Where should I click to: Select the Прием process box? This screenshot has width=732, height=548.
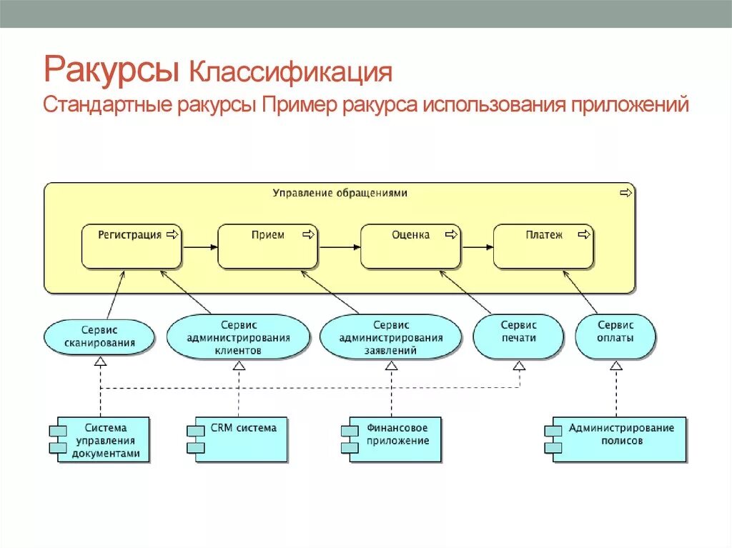268,246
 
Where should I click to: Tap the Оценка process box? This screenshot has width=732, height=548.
411,246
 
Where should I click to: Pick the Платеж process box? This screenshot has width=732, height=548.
544,246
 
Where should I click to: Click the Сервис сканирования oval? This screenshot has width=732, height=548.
99,337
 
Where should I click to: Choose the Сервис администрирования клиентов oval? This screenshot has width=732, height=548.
239,337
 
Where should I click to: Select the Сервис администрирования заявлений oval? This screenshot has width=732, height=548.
391,337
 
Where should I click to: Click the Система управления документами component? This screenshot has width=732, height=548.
104,439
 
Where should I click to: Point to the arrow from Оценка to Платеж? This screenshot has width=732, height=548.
478,247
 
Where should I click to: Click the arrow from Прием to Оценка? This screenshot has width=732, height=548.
340,247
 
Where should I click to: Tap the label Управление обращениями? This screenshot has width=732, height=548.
340,193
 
